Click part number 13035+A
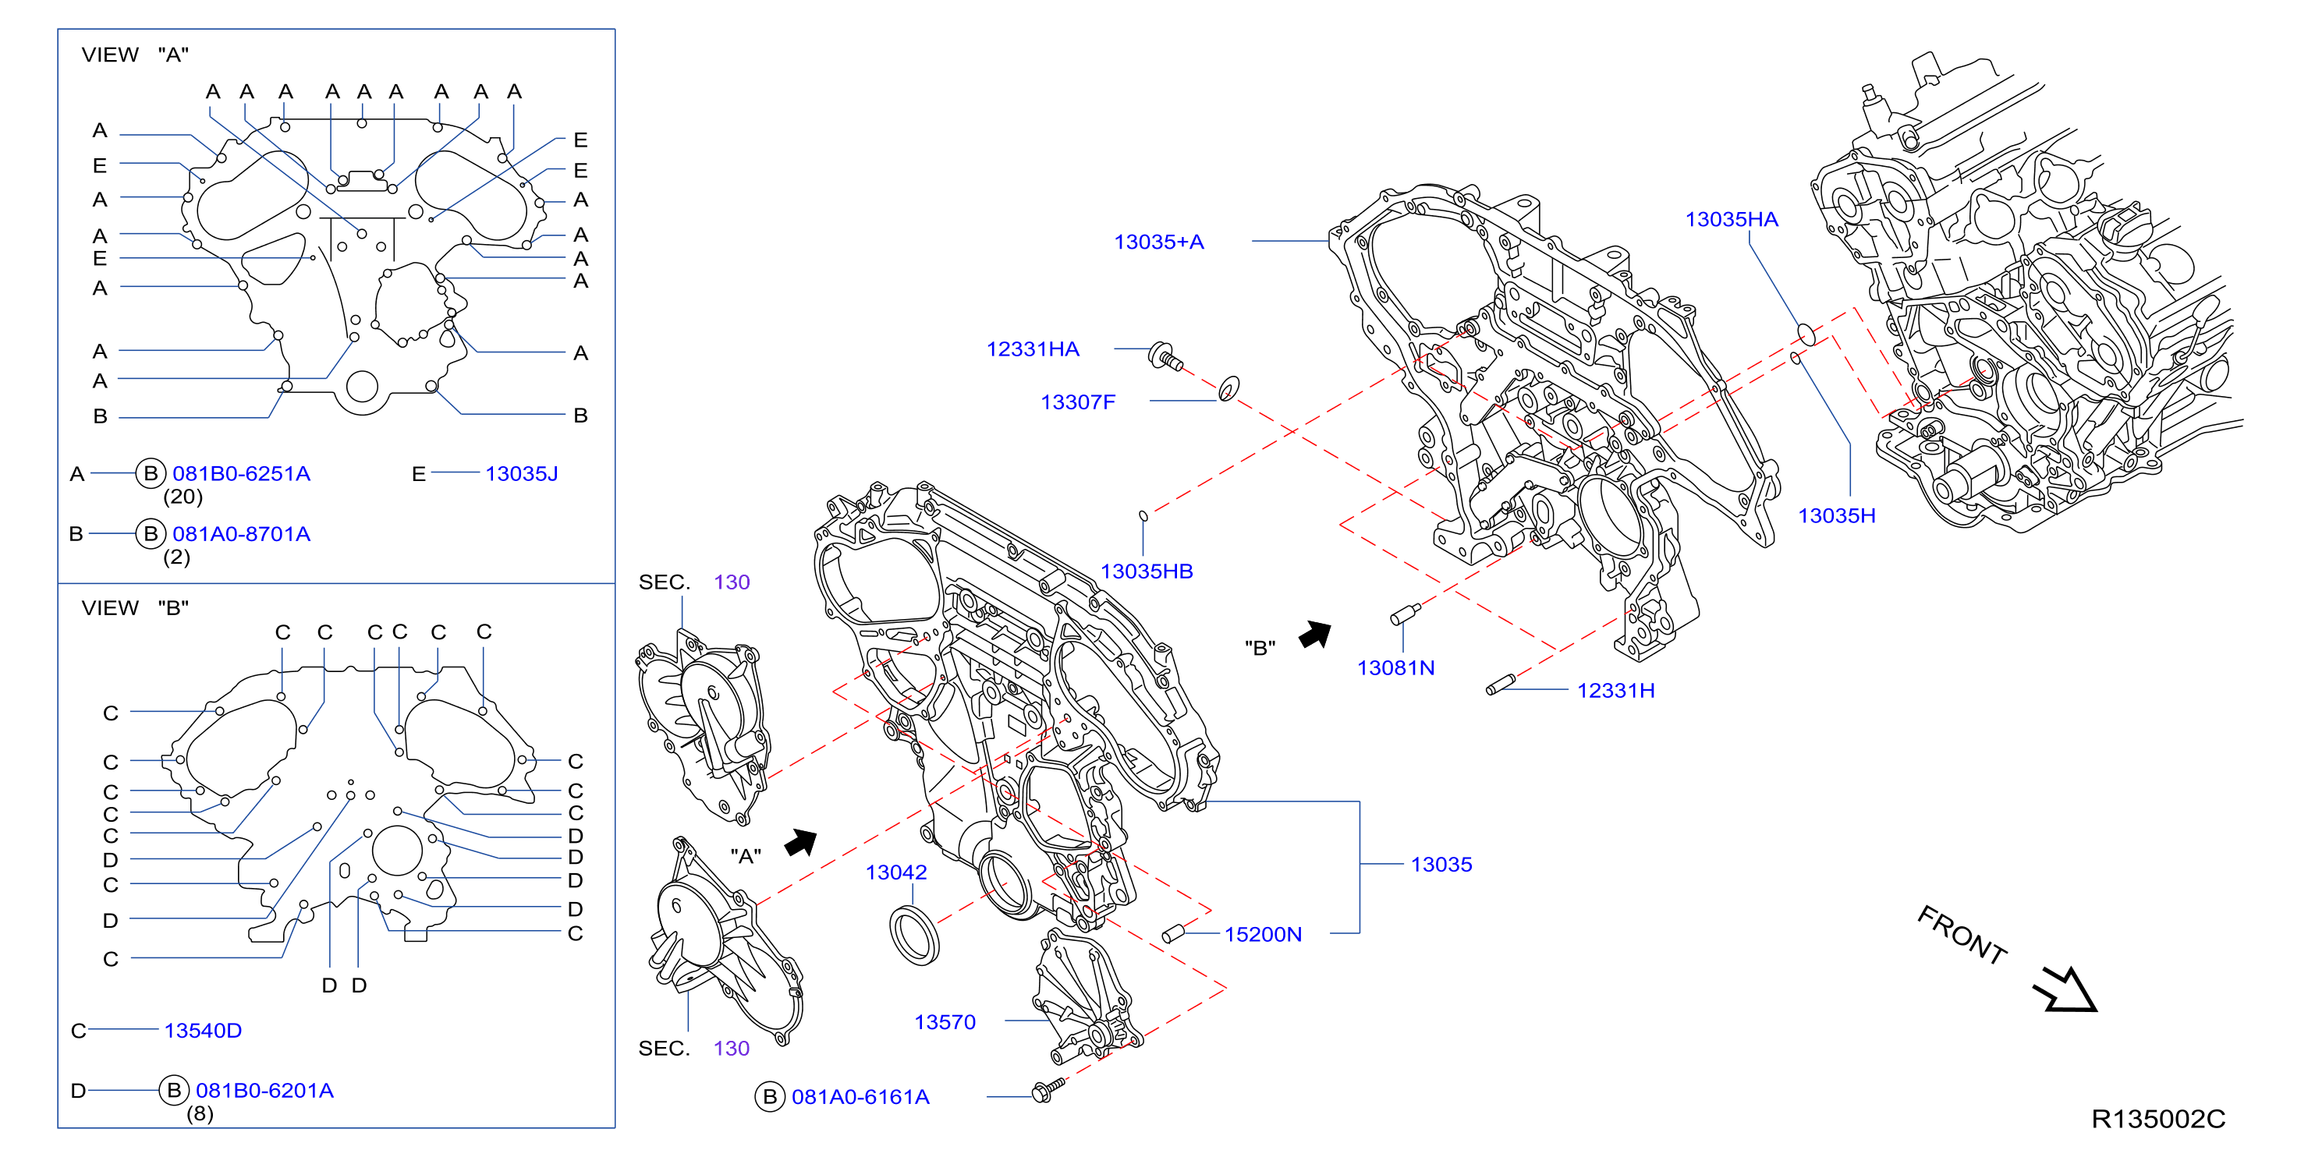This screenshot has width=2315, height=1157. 1158,242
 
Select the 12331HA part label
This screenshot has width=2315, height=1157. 1033,349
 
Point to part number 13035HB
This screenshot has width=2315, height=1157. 1147,571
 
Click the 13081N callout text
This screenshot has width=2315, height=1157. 1395,667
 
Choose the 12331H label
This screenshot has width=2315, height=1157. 1616,690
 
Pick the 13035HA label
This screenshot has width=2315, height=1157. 1731,219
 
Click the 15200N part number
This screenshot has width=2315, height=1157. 1263,934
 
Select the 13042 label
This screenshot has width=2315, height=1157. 896,872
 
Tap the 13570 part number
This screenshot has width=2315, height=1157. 945,1022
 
